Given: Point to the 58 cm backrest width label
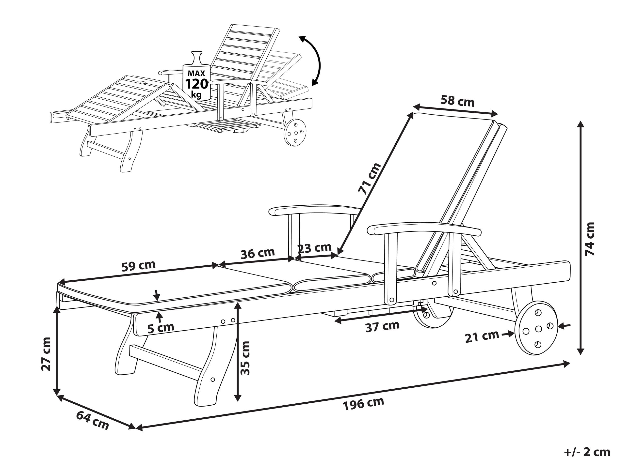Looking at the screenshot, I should click(457, 101).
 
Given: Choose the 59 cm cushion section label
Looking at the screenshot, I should click(138, 265).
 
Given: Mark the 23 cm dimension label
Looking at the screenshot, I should click(314, 248).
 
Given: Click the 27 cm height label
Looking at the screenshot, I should click(46, 354).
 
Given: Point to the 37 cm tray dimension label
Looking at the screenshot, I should click(383, 326).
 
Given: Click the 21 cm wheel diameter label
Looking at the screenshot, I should click(482, 337).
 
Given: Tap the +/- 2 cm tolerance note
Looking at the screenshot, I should click(587, 452).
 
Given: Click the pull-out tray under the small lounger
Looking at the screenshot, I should click(227, 126).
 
